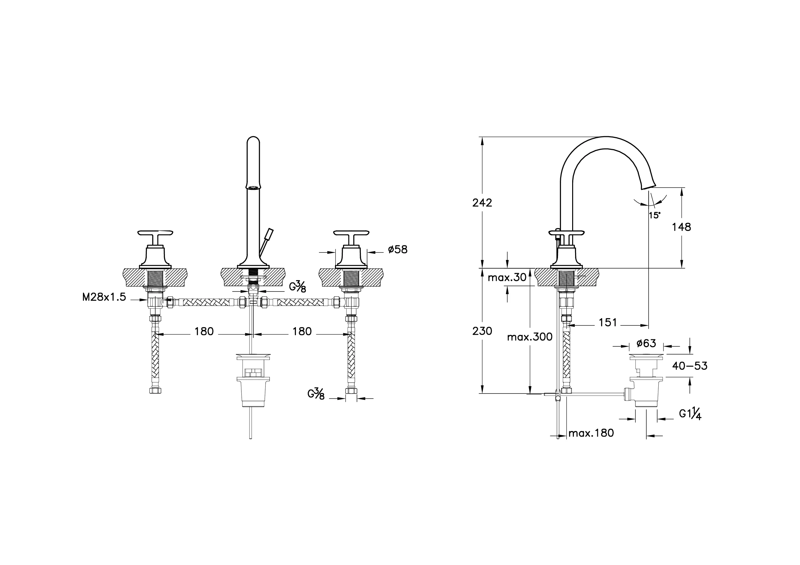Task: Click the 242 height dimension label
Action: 482,202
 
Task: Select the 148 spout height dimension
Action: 681,227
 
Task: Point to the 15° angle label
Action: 654,215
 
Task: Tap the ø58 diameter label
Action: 398,249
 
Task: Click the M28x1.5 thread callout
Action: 104,297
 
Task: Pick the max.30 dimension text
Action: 507,277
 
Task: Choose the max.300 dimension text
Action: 530,337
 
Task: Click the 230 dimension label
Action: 482,331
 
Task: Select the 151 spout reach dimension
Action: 608,323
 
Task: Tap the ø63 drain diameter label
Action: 646,343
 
